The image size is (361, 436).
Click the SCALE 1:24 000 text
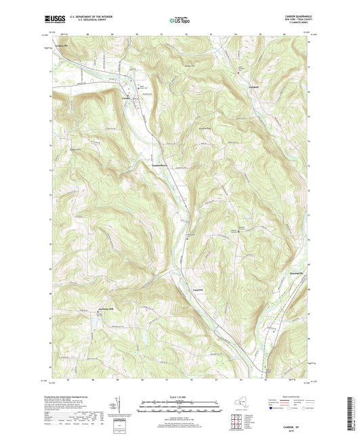[180, 395]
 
